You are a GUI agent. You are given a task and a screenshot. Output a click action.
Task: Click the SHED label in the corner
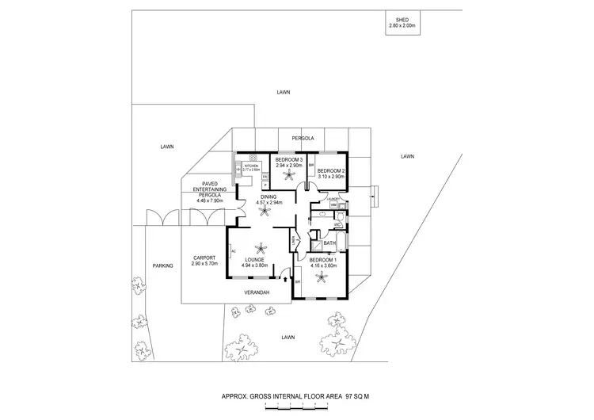pyautogui.click(x=402, y=17)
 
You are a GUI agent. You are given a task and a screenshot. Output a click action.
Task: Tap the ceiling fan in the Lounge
pyautogui.click(x=255, y=246)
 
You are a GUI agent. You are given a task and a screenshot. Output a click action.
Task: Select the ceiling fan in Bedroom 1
pyautogui.click(x=325, y=277)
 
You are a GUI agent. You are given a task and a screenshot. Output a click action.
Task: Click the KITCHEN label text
pyautogui.click(x=251, y=165)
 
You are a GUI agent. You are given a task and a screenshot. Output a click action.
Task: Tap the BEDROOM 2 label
pyautogui.click(x=331, y=171)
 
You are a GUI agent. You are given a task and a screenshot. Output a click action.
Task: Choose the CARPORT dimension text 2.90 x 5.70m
pyautogui.click(x=207, y=263)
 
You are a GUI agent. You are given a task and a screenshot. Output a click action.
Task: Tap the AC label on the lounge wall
pyautogui.click(x=233, y=251)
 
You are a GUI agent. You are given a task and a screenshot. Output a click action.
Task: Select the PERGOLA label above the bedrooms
pyautogui.click(x=303, y=138)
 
